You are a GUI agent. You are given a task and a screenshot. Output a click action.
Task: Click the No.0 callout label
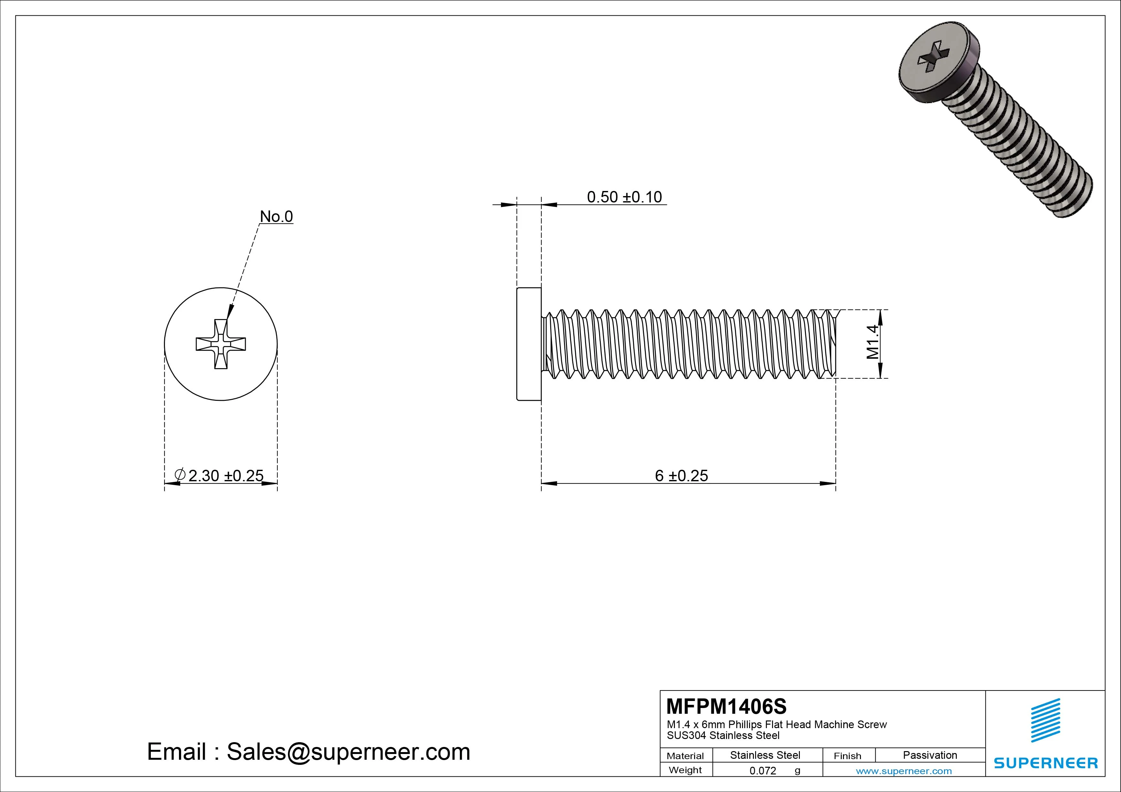coord(276,216)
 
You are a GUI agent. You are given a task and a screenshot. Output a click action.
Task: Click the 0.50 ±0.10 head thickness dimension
coord(624,197)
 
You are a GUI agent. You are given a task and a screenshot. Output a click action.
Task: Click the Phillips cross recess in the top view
coord(221,344)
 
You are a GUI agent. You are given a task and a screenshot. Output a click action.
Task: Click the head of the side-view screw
coord(529,344)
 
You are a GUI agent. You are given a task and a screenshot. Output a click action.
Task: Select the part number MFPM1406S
coord(726,706)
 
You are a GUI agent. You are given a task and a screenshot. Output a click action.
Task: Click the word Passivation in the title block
coord(930,755)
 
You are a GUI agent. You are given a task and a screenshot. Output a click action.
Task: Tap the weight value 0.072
coord(763,771)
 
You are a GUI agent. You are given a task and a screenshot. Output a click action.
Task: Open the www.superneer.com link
coord(904,771)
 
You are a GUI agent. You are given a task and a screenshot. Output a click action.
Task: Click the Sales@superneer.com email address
coord(348,751)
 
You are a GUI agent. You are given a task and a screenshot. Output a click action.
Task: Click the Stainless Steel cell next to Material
coord(765,755)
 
